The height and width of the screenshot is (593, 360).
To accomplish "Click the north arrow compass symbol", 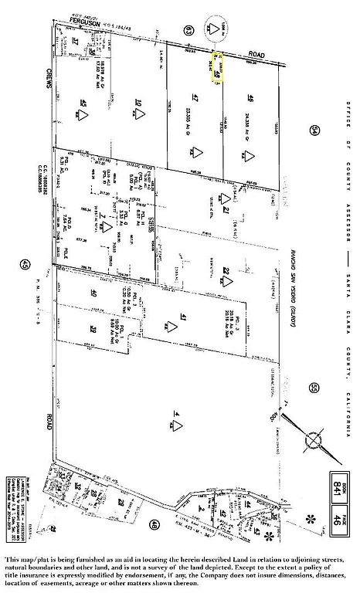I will point(315,440).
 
